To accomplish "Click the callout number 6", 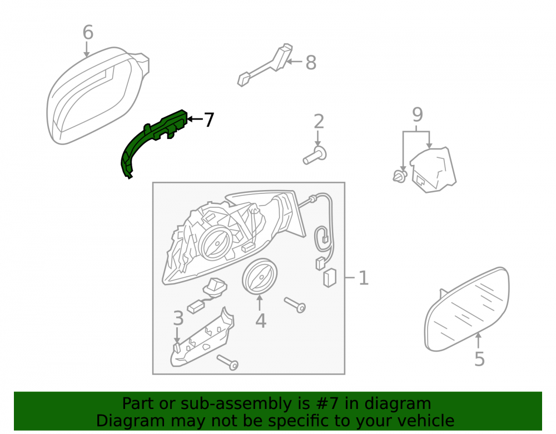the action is pyautogui.click(x=88, y=32).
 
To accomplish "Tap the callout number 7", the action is pyautogui.click(x=209, y=119).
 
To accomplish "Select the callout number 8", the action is pyautogui.click(x=311, y=63).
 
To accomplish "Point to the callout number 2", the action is pyautogui.click(x=319, y=122).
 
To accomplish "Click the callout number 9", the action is pyautogui.click(x=418, y=114).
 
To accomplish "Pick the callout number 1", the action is pyautogui.click(x=364, y=278).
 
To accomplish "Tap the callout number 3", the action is pyautogui.click(x=178, y=318).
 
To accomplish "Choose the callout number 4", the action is pyautogui.click(x=261, y=321).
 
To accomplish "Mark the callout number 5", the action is pyautogui.click(x=479, y=359).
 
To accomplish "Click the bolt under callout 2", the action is pyautogui.click(x=315, y=156).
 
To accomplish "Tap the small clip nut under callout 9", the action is pyautogui.click(x=400, y=176).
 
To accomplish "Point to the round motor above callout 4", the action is pyautogui.click(x=260, y=277).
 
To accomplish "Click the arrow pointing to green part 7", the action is pyautogui.click(x=195, y=119).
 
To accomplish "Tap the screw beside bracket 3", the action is pyautogui.click(x=227, y=362).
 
